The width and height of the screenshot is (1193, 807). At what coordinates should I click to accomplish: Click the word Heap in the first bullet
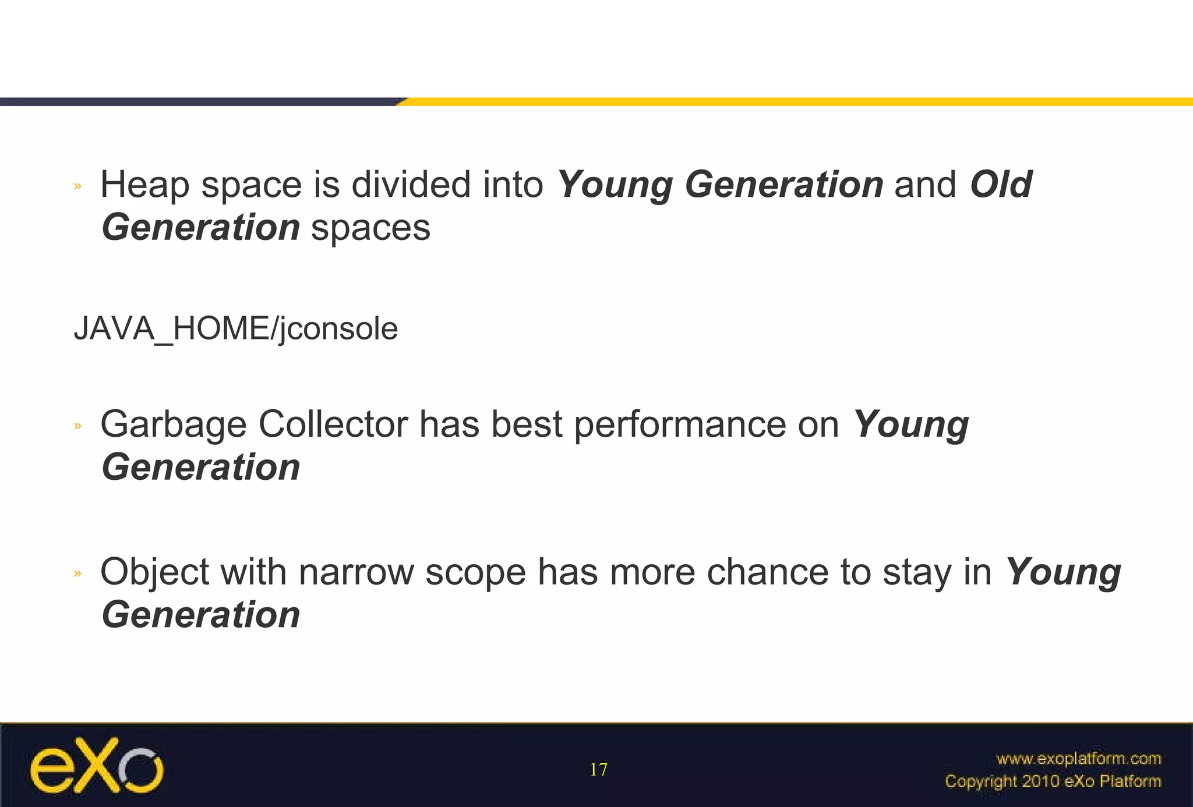[144, 185]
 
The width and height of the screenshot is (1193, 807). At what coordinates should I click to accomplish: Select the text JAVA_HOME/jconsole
[236, 329]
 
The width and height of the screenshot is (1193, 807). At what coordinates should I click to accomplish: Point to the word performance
[680, 425]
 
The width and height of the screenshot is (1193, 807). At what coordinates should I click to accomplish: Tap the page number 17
[598, 770]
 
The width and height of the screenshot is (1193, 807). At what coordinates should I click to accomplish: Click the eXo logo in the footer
[97, 766]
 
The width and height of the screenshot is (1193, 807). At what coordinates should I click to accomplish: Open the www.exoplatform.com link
[1078, 759]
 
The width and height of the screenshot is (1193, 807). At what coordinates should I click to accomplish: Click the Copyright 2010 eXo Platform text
[1053, 781]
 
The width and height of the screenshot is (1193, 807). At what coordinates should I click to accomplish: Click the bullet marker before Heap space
[77, 186]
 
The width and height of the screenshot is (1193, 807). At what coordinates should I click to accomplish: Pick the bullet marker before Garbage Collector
[77, 426]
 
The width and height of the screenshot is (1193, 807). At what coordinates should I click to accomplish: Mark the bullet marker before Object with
[77, 574]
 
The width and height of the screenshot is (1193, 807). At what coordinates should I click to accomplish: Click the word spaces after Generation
[370, 228]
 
